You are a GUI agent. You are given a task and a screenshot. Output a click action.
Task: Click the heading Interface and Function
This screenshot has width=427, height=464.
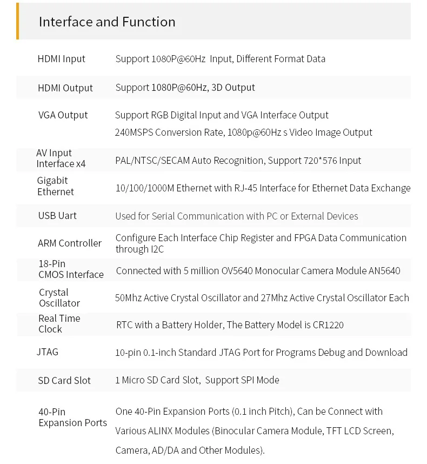click(x=107, y=22)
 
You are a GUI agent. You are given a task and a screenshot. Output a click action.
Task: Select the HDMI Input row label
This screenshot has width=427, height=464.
click(x=61, y=59)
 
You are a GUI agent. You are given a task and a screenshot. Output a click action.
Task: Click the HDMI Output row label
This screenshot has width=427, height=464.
click(x=65, y=88)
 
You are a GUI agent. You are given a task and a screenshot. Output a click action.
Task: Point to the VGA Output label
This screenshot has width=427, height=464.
click(x=63, y=115)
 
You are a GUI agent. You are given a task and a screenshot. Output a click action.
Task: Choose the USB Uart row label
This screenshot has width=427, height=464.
click(x=57, y=216)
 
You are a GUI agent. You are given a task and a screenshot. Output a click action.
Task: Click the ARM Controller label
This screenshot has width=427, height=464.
click(x=70, y=243)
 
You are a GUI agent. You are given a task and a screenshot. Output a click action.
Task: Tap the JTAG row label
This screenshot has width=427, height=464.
click(x=48, y=352)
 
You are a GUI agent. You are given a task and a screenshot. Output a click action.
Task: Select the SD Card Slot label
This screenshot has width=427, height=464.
click(x=64, y=381)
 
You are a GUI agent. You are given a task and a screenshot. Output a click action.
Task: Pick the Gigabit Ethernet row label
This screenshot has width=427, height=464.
click(x=55, y=186)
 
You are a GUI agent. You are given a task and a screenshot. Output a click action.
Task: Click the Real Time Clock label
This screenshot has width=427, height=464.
click(x=59, y=323)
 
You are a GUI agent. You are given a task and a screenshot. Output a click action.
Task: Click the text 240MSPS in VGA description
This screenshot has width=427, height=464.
click(x=135, y=132)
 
